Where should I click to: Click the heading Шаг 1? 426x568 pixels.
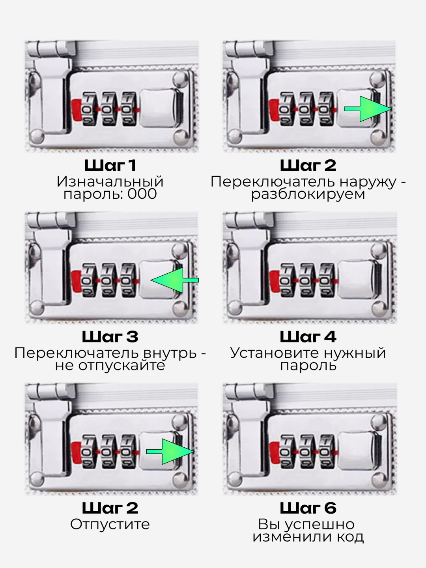110,165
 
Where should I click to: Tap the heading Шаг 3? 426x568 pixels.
110,337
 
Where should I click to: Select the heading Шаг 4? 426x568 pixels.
308,337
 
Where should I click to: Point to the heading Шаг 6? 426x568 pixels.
308,508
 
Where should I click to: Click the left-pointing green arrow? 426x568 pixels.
175,280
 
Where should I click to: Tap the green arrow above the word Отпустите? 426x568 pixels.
170,452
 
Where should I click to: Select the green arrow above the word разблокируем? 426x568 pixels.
368,109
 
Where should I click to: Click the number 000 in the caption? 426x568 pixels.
142,194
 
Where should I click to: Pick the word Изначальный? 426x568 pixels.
110,181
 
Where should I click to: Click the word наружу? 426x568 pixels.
368,182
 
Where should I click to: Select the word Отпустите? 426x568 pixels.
110,525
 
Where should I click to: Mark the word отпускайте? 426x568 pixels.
121,366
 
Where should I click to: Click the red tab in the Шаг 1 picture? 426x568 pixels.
77,110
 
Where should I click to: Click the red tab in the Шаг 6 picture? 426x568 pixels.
275,452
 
